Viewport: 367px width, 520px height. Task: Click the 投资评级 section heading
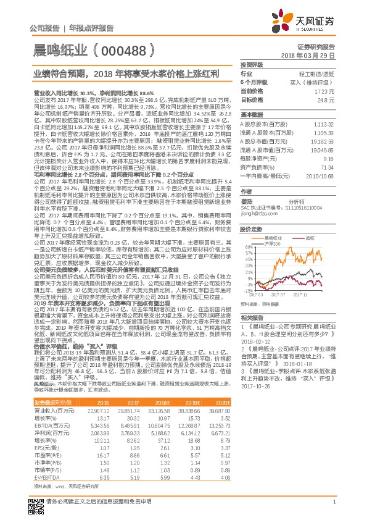coord(251,64)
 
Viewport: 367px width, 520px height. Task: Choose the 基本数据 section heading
coord(251,115)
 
